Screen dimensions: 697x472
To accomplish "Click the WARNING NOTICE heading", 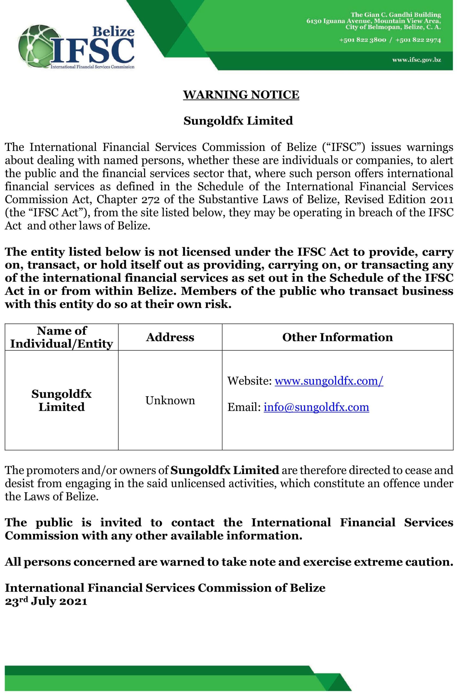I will pos(241,95).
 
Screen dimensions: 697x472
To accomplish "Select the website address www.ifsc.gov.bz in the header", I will pos(416,60).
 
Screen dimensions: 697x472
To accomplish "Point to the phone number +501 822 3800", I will pos(362,40).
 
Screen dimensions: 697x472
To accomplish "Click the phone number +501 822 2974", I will pos(418,40).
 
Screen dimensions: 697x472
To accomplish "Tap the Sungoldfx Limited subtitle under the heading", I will pos(238,121).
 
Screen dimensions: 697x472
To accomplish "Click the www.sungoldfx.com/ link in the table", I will pos(329,381).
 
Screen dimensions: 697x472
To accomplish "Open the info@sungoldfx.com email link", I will pos(316,407).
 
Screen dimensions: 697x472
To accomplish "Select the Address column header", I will pos(170,337).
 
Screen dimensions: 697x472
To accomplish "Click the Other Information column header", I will pos(337,337).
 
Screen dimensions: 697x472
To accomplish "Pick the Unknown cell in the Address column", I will pos(170,401).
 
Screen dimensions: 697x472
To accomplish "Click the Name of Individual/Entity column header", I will pos(61,337).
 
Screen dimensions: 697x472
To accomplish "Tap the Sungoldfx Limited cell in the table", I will pos(61,401).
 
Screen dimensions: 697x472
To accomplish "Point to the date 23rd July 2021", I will pos(46,601).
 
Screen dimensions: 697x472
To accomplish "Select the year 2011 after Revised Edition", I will pos(442,200).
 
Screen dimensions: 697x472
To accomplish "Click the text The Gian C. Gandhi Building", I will pos(396,15).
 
